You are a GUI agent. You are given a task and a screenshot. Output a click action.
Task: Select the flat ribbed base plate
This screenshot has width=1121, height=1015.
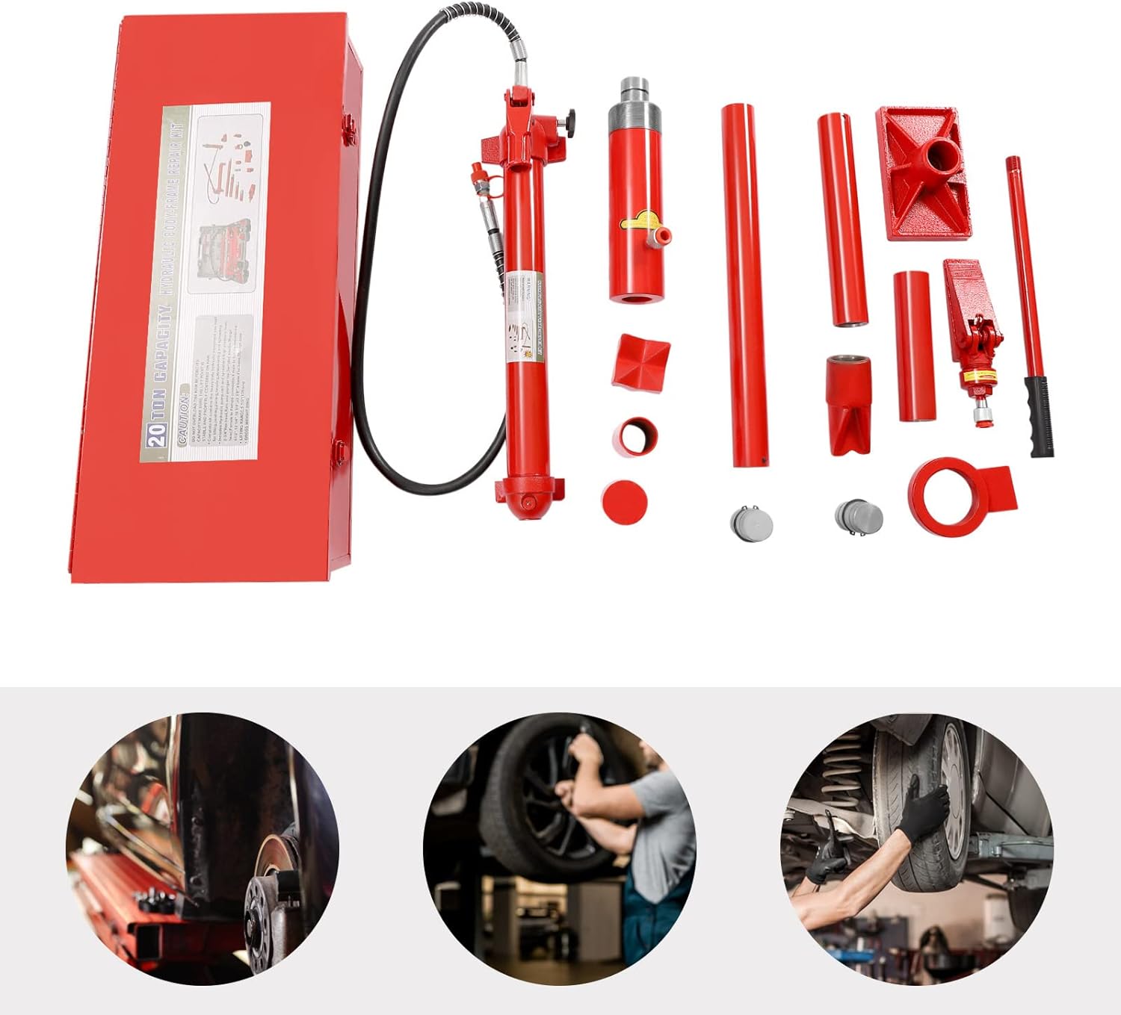pyautogui.click(x=924, y=173)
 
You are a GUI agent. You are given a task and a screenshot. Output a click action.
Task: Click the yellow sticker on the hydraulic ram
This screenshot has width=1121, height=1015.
pyautogui.click(x=641, y=222)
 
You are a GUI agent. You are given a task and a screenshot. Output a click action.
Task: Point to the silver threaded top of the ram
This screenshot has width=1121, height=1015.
pyautogui.click(x=633, y=105)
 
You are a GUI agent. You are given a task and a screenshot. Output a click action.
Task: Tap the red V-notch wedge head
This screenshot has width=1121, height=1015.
pyautogui.click(x=849, y=406)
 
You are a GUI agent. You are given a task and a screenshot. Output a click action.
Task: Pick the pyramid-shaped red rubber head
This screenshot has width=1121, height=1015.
pyautogui.click(x=640, y=361)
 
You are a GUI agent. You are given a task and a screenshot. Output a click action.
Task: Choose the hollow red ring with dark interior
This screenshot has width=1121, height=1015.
pyautogui.click(x=637, y=435)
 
